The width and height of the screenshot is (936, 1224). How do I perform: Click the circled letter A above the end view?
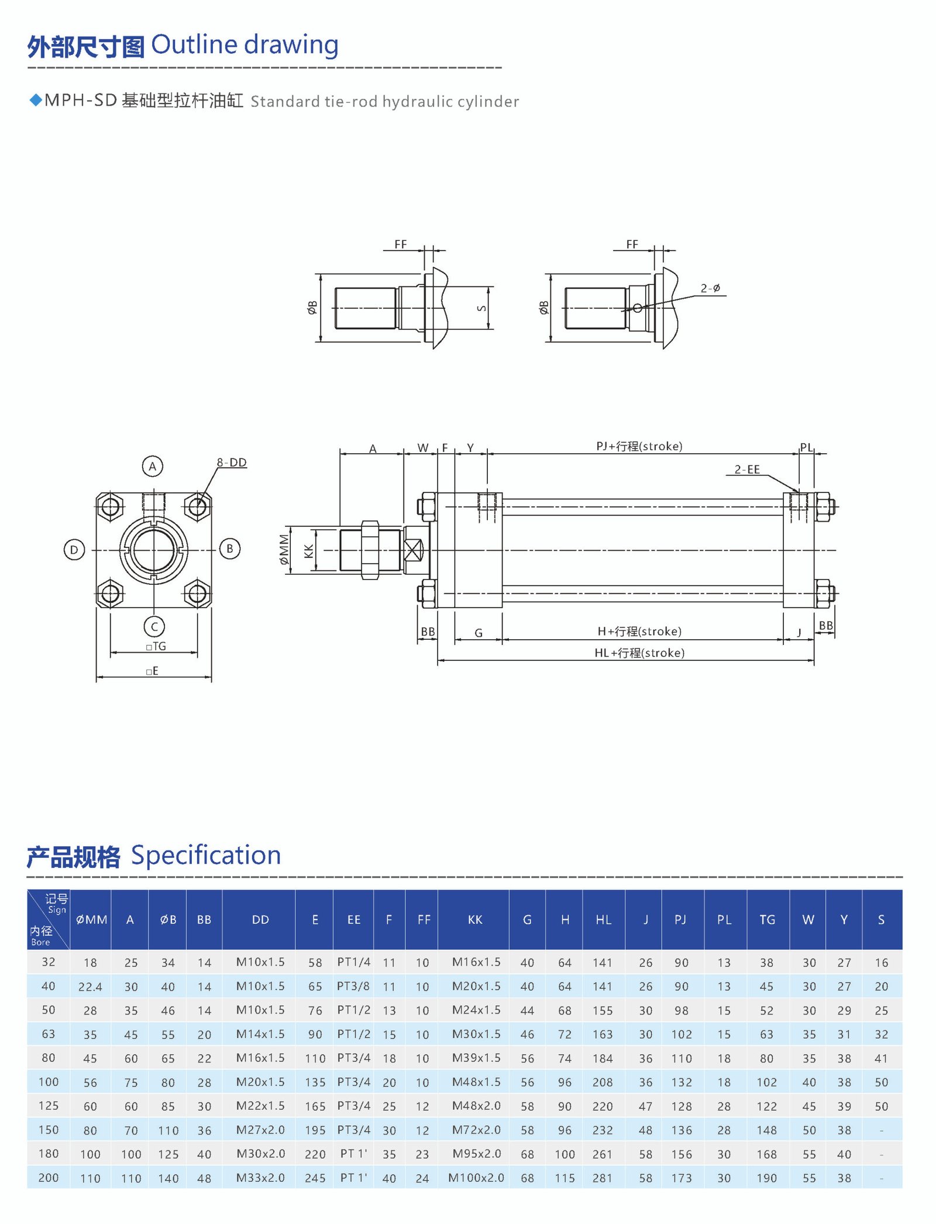(x=153, y=466)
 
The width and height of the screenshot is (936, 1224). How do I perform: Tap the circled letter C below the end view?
(x=154, y=626)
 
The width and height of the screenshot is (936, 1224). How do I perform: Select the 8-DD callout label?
(x=232, y=462)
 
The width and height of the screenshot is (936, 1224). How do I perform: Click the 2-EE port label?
(x=747, y=469)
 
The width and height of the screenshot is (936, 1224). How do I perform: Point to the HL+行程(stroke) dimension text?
(x=639, y=653)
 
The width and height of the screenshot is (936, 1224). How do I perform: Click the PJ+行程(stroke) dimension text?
(x=639, y=446)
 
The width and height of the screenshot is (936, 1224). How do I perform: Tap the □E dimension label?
(x=153, y=671)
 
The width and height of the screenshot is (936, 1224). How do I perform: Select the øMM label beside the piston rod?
(x=284, y=549)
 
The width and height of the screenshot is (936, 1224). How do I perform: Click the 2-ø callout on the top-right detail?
(x=710, y=288)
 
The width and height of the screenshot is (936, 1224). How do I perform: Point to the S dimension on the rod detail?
(x=482, y=308)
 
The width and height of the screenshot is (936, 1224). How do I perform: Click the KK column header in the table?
(x=475, y=919)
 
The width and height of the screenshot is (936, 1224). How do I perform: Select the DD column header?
(x=260, y=919)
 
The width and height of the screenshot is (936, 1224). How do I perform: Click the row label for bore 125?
(x=49, y=1105)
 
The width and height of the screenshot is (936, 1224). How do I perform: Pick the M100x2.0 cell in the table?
(x=476, y=1177)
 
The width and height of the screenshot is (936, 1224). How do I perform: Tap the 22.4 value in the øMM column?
(x=90, y=987)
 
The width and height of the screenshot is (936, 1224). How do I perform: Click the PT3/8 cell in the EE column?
(x=353, y=986)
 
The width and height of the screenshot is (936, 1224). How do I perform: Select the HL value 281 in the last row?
(x=602, y=1178)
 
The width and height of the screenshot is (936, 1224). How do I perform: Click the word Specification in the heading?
(x=206, y=855)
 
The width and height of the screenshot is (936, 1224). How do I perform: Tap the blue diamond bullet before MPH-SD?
(x=36, y=100)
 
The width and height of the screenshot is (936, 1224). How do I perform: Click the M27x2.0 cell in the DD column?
(x=260, y=1129)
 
